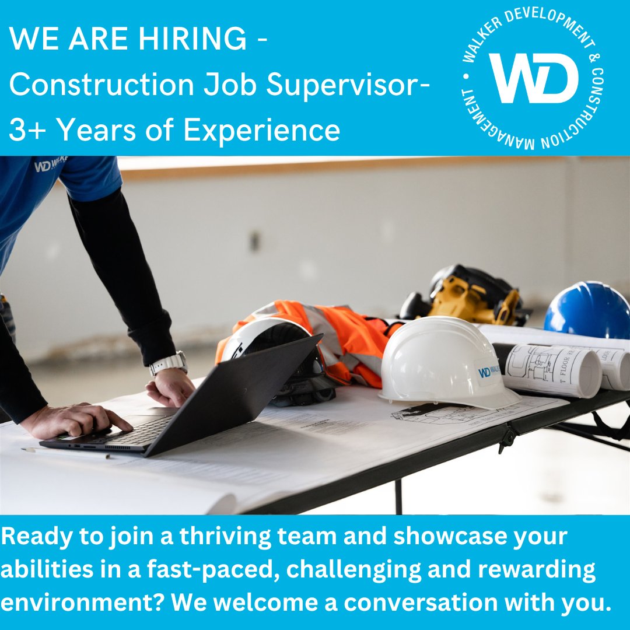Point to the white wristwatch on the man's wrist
click(169, 363)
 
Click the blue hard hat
click(588, 311)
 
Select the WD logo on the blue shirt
click(50, 164)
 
